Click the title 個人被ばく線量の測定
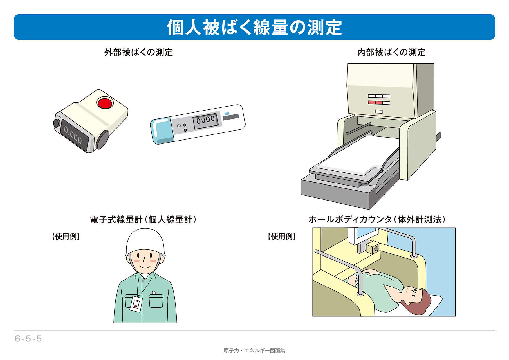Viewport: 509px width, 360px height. tap(255, 27)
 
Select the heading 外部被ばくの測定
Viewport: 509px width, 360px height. tap(139, 53)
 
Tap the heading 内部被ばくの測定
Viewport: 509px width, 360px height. tap(391, 53)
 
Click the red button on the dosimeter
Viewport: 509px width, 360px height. tap(105, 103)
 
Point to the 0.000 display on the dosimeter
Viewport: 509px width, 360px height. tap(73, 135)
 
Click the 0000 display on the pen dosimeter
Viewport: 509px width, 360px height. tap(205, 120)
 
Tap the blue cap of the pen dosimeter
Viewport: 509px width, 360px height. tap(161, 131)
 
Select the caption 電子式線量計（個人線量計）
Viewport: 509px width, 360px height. tap(143, 219)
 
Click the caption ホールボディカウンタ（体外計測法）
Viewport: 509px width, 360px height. tap(377, 219)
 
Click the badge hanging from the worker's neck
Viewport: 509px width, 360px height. tap(136, 304)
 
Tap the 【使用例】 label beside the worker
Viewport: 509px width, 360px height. tap(66, 236)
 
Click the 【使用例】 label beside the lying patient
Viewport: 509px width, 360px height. tap(282, 236)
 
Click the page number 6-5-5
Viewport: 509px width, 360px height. tap(28, 339)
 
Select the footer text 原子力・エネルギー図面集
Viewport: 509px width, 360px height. tap(254, 351)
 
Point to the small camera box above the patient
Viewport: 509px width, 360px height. tap(373, 247)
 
